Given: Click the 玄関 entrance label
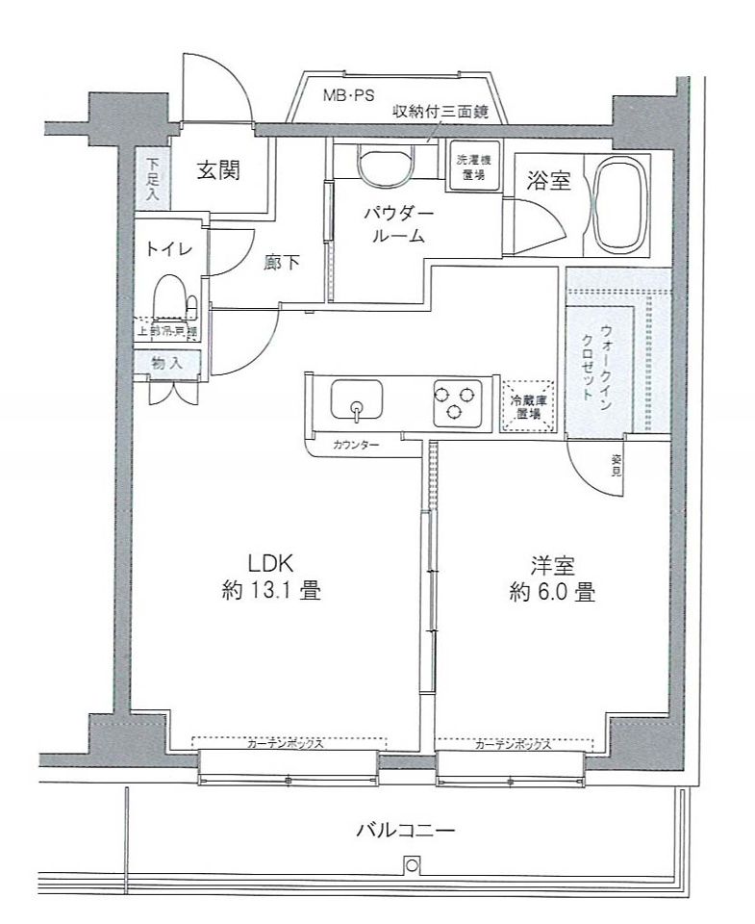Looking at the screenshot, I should tap(218, 171).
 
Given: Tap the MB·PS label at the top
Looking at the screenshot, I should tap(348, 94).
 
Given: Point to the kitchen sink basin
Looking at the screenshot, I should tap(356, 399).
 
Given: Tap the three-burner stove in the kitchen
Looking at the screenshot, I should tap(456, 400).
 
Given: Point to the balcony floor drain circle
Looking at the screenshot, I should tap(413, 865).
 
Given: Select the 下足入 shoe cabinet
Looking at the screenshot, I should tap(153, 177).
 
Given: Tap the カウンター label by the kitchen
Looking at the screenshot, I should tap(356, 446).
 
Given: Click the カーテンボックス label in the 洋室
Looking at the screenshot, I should tap(512, 744).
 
